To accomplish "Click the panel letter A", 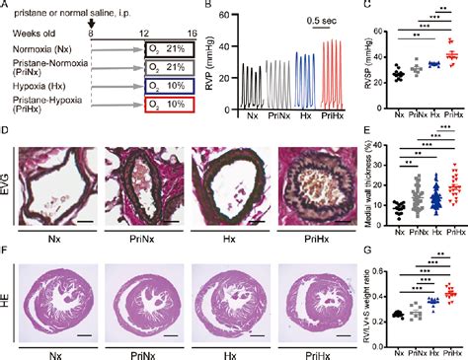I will pos(6,6).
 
